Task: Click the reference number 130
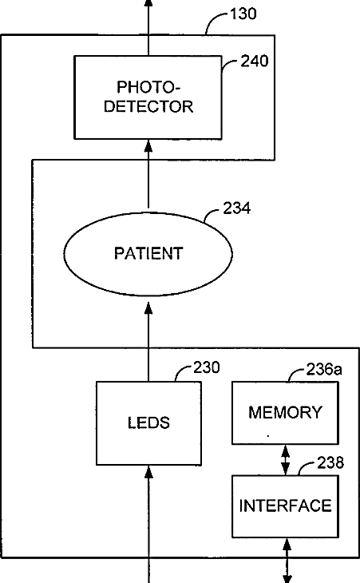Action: click(243, 14)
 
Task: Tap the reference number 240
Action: click(255, 61)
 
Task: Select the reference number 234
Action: click(236, 208)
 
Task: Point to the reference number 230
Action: click(207, 367)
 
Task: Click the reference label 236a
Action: click(324, 369)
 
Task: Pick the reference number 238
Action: click(330, 462)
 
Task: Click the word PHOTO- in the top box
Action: click(148, 87)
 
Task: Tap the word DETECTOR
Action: click(148, 107)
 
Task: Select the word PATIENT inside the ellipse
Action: click(148, 254)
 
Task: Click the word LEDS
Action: click(148, 422)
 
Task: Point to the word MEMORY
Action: click(285, 412)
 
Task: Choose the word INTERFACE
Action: click(285, 506)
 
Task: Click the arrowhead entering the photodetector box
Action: click(148, 145)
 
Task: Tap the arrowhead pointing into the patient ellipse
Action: click(148, 307)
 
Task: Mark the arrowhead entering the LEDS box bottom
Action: click(148, 471)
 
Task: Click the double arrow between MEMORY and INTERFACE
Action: click(285, 460)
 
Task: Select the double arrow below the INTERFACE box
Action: click(287, 561)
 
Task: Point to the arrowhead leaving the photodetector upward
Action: click(148, 4)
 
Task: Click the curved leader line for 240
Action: click(229, 64)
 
